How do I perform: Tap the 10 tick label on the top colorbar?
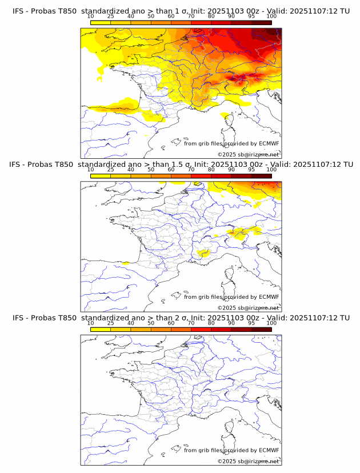point(90,16)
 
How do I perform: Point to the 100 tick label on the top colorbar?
point(271,16)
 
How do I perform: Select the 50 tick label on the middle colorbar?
point(151,170)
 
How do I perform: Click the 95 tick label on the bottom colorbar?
point(251,323)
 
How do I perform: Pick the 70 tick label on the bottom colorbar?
point(191,323)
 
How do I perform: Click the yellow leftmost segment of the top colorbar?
point(101,22)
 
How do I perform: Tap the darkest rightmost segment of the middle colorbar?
point(261,176)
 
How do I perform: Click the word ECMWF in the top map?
point(269,143)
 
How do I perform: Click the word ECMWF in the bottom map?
point(269,450)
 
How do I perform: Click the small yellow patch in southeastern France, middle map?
point(202,252)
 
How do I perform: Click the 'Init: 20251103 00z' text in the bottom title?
point(223,318)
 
